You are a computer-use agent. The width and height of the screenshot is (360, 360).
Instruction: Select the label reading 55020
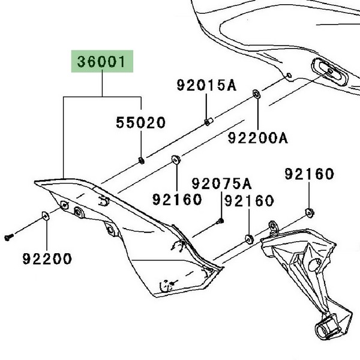tap(140, 124)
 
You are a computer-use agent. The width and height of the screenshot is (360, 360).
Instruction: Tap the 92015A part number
tap(206, 85)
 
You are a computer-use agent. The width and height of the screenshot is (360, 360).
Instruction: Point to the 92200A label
tap(257, 139)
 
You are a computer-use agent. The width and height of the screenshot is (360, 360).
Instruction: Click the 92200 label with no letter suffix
tap(47, 259)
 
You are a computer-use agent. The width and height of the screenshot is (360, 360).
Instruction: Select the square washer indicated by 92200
tap(45, 215)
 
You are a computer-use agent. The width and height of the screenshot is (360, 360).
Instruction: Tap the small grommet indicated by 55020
tap(140, 159)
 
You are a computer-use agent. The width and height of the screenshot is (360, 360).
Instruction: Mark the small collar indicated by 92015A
tap(208, 122)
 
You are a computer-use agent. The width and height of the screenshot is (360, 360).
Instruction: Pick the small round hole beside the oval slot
tap(289, 76)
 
